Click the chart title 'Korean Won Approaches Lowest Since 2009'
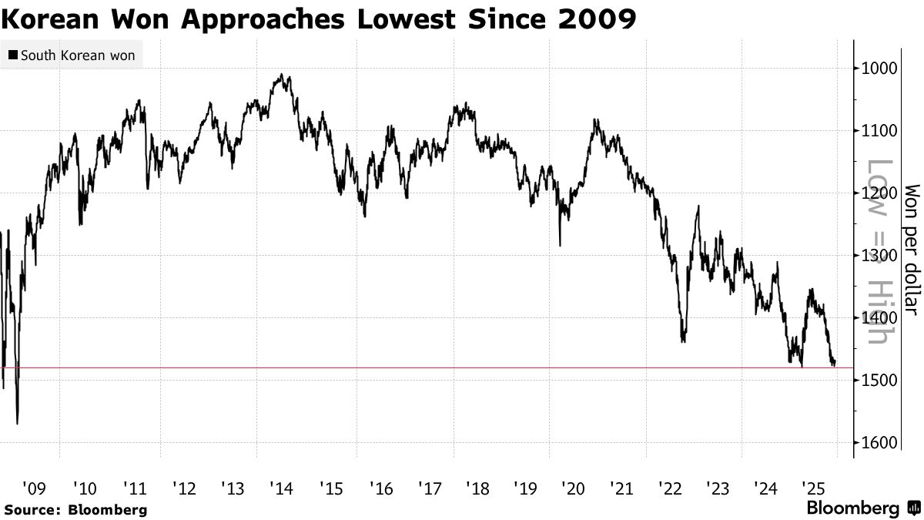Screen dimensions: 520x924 (319, 19)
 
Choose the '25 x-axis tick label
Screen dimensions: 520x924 (813, 488)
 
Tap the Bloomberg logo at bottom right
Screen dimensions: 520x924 (862, 508)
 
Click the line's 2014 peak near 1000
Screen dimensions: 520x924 (283, 75)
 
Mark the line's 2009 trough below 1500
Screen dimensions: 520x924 (17, 422)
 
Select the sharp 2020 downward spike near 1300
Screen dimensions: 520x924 (560, 245)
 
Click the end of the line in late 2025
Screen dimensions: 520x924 (835, 364)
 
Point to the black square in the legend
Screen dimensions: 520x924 (13, 56)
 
